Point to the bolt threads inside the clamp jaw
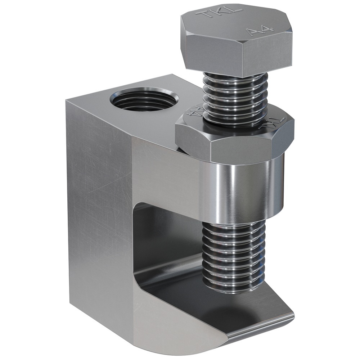tap(234, 252)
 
